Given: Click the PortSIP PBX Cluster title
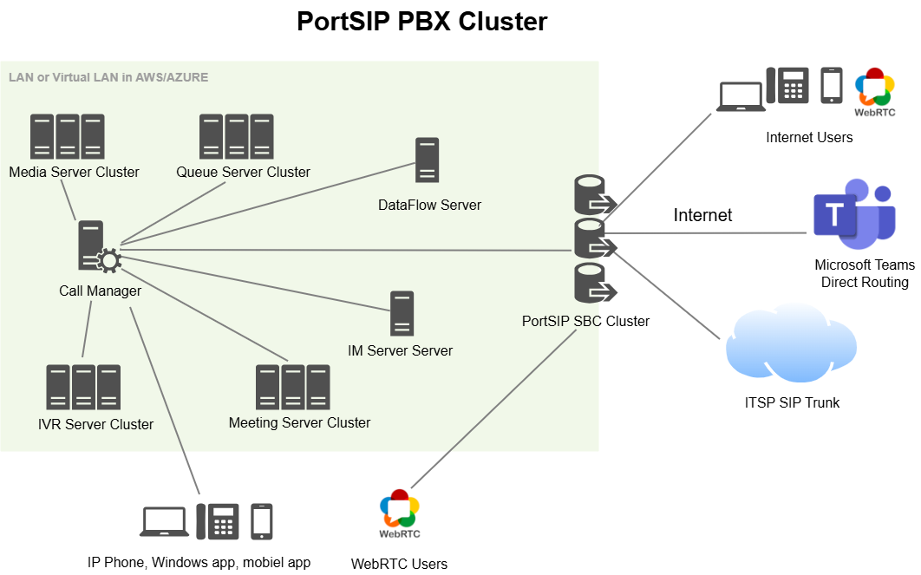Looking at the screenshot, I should click(421, 22).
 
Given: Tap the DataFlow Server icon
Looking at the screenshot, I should click(426, 160).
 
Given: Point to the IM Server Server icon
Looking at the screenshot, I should click(402, 313).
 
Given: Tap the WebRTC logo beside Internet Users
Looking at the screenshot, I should click(874, 91).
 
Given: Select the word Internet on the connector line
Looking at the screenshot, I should click(702, 215).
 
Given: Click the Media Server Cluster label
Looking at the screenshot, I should click(74, 172).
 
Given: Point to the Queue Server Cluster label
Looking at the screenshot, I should click(243, 172).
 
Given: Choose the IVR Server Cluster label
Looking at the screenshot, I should click(95, 424).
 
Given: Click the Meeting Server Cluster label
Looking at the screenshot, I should click(299, 422).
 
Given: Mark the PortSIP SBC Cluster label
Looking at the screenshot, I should click(585, 321).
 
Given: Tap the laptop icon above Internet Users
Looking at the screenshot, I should click(740, 96).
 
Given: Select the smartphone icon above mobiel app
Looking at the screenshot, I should click(261, 521).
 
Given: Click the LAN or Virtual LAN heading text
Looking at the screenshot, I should click(108, 77).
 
